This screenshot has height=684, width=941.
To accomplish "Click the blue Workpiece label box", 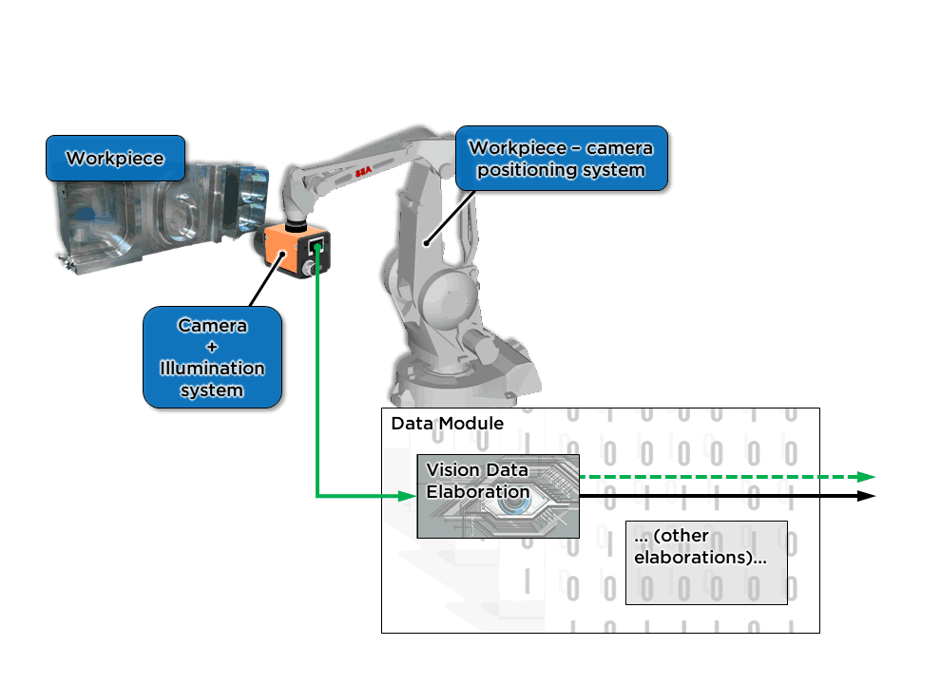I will pos(115,158).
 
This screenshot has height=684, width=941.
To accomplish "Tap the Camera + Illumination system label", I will pos(212,357).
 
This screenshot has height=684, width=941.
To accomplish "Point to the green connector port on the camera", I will pos(317,249).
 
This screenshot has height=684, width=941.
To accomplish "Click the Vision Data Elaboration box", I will pos(497,496).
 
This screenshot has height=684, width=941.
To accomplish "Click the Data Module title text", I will pos(447,423).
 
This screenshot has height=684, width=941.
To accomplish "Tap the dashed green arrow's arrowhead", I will pos(866,477).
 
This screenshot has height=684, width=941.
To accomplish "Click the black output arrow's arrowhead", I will pos(866,496).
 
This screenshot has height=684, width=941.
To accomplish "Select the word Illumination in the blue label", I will pos(212,369).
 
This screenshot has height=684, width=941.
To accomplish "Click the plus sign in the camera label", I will pos(212,347).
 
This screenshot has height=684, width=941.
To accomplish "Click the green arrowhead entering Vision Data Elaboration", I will pos(409,496).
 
